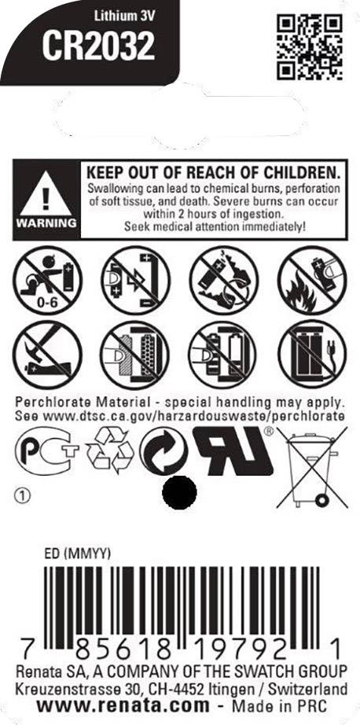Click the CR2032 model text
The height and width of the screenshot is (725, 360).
tap(98, 47)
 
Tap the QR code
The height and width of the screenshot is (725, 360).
tap(310, 46)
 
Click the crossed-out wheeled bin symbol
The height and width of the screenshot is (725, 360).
tap(312, 467)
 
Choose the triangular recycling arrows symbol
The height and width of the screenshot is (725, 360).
tap(110, 450)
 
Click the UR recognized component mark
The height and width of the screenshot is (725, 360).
tap(233, 451)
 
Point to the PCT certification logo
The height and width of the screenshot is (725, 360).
tap(47, 451)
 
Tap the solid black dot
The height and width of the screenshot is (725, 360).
tap(180, 492)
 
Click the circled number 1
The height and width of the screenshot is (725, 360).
tap(22, 496)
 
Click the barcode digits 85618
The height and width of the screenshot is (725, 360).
tap(123, 651)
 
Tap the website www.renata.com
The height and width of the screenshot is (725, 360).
tap(123, 706)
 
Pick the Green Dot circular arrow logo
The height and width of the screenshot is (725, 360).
tap(163, 451)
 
